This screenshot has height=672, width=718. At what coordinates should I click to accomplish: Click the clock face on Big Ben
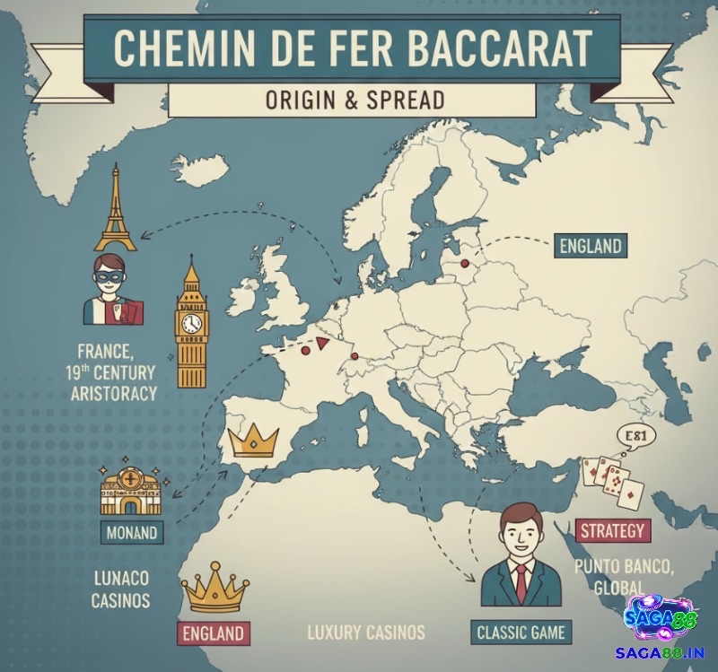pos(191,323)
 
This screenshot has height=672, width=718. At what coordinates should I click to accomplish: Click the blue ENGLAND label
pos(590,246)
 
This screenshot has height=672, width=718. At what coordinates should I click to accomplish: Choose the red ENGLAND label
pos(213,633)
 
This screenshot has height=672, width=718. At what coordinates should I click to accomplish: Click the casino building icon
pos(131,490)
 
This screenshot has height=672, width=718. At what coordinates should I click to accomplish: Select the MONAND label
pos(131,532)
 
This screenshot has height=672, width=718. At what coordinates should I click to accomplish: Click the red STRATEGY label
pos(612,530)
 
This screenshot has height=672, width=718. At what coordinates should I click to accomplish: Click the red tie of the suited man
pos(521,584)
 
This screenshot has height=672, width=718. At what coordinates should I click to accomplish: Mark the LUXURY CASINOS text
pos(366,632)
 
